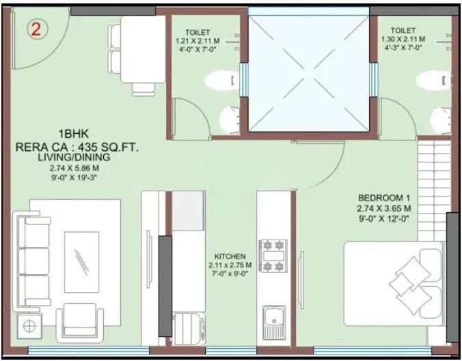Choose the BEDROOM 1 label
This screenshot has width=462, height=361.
383,197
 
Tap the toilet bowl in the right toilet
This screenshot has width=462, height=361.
431,81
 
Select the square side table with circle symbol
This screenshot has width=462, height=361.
29,327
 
